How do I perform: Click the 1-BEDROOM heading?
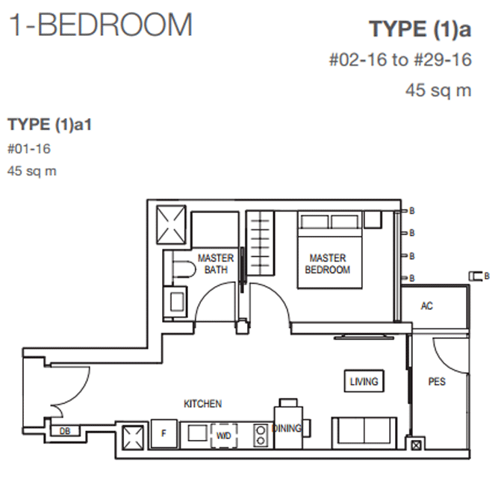click(x=101, y=25)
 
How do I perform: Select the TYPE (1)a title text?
click(x=420, y=29)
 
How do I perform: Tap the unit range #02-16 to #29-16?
click(x=400, y=60)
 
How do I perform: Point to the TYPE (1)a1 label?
click(x=50, y=125)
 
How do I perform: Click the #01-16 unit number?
click(x=29, y=149)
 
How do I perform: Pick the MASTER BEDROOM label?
click(x=328, y=264)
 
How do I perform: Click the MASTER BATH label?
click(x=216, y=264)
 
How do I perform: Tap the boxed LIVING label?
click(x=364, y=381)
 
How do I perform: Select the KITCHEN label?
click(x=202, y=404)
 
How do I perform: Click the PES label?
click(x=437, y=382)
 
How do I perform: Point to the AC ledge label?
click(x=426, y=306)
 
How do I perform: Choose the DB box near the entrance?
click(x=65, y=432)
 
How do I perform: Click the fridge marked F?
click(x=164, y=434)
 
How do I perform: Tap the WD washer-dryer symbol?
click(x=224, y=435)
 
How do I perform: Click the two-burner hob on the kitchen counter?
click(x=261, y=435)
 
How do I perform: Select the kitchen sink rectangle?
click(x=198, y=434)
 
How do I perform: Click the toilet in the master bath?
click(x=184, y=269)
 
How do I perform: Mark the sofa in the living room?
click(x=364, y=433)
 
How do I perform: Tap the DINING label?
click(x=286, y=428)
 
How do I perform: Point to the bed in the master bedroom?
click(x=330, y=249)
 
